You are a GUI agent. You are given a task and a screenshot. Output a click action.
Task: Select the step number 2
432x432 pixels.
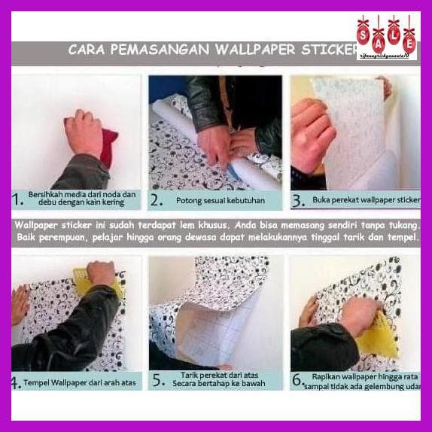click(x=157, y=200)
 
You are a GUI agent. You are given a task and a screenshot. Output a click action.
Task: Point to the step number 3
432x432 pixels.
click(x=297, y=201)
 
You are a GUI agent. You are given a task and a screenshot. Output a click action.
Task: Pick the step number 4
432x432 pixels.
click(x=16, y=383)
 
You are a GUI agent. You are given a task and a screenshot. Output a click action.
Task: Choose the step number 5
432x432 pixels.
click(x=157, y=382)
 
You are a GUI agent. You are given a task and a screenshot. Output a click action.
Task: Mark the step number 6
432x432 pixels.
click(x=297, y=381)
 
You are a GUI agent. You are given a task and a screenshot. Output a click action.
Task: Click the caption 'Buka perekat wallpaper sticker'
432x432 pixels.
click(x=366, y=201)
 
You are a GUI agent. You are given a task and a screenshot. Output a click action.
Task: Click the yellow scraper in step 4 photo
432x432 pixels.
click(x=115, y=287)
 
